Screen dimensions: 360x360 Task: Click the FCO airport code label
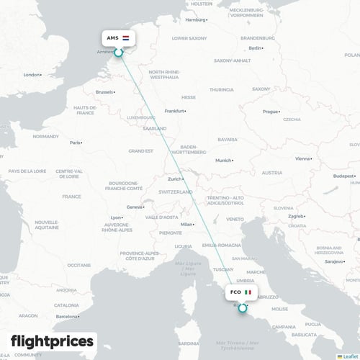(x=235, y=293)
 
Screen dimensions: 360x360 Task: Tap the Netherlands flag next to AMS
(x=126, y=37)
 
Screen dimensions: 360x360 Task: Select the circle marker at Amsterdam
(x=119, y=52)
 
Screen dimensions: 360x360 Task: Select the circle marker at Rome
(x=241, y=307)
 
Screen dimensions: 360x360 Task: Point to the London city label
(x=32, y=74)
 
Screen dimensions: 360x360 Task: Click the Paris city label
(x=75, y=143)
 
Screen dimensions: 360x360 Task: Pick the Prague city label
(x=270, y=112)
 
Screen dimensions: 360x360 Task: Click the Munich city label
(x=223, y=160)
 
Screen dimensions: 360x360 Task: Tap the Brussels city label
(x=104, y=92)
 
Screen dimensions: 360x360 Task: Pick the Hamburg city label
(x=194, y=20)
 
